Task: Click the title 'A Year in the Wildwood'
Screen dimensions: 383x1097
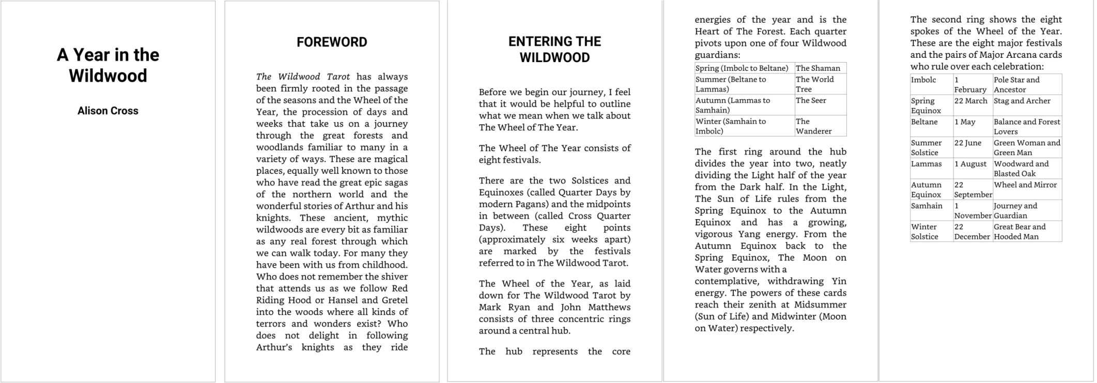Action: tap(107, 65)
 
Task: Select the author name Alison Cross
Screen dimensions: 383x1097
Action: tap(107, 111)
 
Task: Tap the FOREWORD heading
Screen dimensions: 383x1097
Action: tap(332, 42)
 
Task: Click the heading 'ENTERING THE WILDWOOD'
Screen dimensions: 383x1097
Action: tap(554, 49)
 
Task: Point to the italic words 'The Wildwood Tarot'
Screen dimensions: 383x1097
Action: tap(303, 76)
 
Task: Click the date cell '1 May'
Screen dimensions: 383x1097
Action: tap(964, 122)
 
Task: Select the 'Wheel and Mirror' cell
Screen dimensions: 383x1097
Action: tap(1025, 185)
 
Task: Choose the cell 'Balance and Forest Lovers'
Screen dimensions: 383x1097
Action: tap(1026, 127)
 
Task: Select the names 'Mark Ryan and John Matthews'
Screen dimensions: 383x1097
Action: tap(554, 307)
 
